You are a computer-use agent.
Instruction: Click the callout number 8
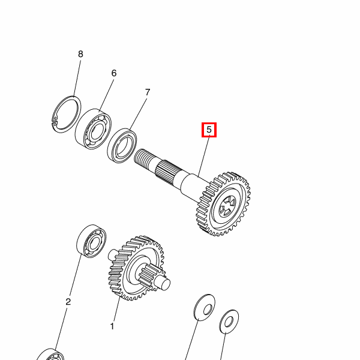click(80, 54)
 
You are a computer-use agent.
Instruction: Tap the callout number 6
click(114, 73)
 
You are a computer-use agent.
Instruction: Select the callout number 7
click(148, 92)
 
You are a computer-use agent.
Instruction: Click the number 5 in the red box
click(209, 130)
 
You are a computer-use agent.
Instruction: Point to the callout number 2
click(68, 302)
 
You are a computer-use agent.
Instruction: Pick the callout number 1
click(112, 326)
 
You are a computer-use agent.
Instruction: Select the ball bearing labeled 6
click(94, 129)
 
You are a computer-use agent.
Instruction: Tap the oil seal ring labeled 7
click(122, 146)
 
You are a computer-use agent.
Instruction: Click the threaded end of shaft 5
click(142, 157)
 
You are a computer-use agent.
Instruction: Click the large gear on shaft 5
click(223, 204)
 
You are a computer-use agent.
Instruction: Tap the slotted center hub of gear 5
click(227, 206)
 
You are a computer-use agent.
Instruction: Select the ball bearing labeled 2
click(91, 241)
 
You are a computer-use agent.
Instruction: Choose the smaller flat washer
click(229, 322)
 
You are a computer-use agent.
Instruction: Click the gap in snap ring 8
click(54, 121)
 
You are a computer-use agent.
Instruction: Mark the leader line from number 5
click(204, 156)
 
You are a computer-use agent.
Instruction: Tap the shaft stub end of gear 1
click(163, 283)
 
